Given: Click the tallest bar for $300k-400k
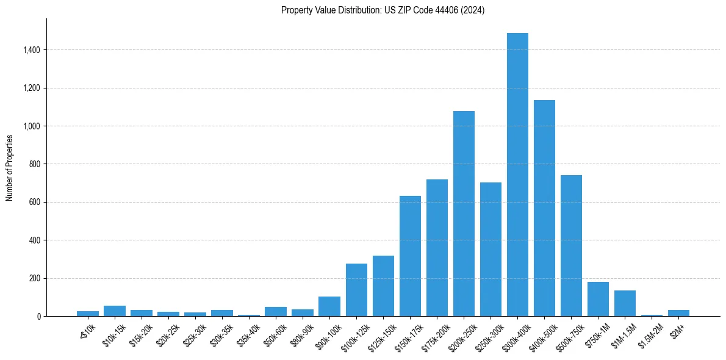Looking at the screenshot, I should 517,175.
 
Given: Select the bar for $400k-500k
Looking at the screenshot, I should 544,208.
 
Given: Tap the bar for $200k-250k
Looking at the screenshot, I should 464,214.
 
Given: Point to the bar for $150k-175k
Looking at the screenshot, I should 410,256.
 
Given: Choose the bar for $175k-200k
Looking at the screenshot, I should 437,248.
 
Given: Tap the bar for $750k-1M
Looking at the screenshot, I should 598,299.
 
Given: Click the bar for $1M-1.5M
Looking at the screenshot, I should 625,303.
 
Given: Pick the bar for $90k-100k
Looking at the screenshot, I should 329,306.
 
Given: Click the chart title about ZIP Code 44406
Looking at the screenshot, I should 383,10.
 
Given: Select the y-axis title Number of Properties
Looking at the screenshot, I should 10,167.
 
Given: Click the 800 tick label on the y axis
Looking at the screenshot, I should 35,164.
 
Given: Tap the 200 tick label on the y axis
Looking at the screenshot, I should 35,278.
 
